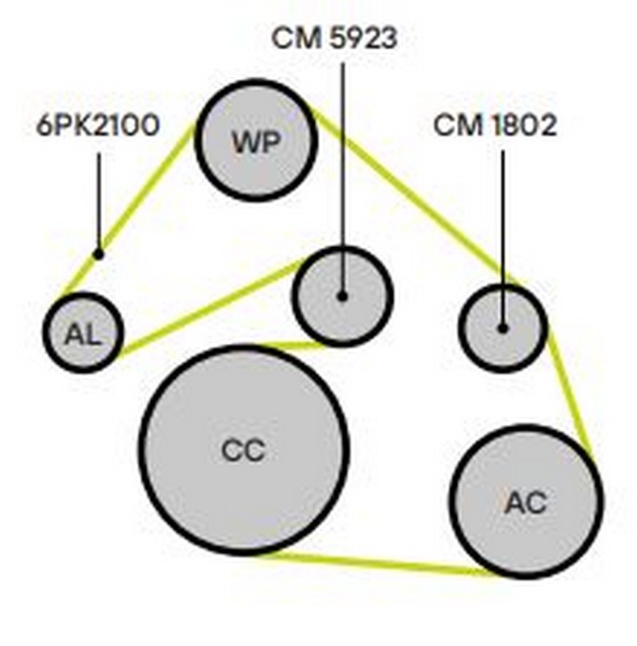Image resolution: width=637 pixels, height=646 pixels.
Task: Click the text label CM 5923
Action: tap(334, 38)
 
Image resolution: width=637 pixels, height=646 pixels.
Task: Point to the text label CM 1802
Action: tap(495, 125)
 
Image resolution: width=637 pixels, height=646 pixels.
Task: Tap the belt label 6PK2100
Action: tap(98, 127)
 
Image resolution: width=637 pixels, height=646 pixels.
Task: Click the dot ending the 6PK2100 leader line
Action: tap(98, 254)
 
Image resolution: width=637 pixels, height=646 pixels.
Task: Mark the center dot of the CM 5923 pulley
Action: tap(342, 296)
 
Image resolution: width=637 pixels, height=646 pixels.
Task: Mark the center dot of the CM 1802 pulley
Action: tap(502, 328)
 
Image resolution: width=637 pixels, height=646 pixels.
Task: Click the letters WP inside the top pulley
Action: tap(257, 142)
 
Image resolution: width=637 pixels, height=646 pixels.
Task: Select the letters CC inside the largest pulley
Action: tap(243, 450)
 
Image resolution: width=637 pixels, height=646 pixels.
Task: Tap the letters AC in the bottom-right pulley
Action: tap(526, 502)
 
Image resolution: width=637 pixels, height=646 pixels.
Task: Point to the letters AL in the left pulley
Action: tap(82, 333)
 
